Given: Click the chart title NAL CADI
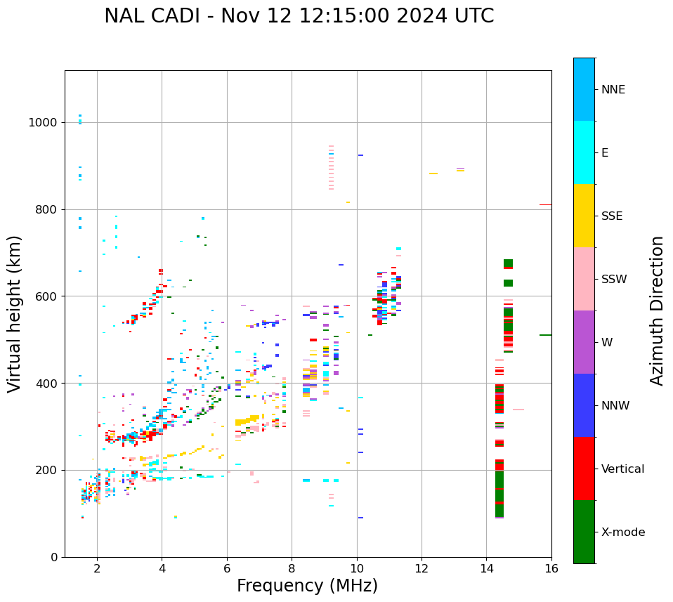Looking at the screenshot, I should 299,16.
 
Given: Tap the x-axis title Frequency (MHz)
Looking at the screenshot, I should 307,586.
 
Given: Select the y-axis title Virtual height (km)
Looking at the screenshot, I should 15,313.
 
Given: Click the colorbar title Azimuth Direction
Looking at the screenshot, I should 657,310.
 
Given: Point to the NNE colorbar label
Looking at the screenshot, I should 613,90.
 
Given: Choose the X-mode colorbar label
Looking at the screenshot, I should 622,532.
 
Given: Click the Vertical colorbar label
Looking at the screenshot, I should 622,469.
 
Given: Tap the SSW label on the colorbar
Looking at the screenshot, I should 613,280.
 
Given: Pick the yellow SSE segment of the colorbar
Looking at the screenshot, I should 584,216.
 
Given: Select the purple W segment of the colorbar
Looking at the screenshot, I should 584,342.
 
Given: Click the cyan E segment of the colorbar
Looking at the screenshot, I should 584,152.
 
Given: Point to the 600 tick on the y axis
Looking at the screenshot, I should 48,296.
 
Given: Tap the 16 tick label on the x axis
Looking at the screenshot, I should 551,568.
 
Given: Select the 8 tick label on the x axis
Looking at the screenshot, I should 292,568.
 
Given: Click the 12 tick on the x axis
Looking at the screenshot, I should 422,568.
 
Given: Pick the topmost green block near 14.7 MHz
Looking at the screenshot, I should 508,263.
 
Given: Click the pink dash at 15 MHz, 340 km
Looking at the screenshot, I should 518,410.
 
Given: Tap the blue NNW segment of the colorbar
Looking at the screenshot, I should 584,405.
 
